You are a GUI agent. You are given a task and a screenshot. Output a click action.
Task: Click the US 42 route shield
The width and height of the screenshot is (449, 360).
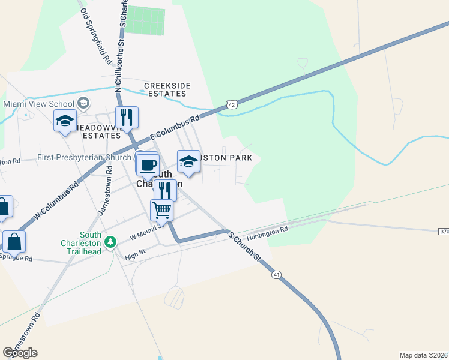pyautogui.click(x=232, y=104)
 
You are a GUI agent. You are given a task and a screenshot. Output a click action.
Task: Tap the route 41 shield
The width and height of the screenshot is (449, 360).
pyautogui.click(x=276, y=275)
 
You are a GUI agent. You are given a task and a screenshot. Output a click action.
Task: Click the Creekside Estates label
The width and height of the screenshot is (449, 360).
pyautogui.click(x=167, y=90)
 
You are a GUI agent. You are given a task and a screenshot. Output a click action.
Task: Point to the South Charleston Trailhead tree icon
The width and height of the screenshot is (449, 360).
pyautogui.click(x=110, y=242)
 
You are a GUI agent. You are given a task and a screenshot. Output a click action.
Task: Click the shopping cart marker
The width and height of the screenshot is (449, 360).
pyautogui.click(x=162, y=210)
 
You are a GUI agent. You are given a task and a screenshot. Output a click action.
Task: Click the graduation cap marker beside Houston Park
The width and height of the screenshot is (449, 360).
pyautogui.click(x=188, y=161)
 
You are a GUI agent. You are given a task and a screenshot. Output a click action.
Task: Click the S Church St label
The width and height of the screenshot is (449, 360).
pyautogui.click(x=244, y=246)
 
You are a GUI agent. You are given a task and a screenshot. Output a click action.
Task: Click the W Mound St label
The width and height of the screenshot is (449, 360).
pyautogui.click(x=146, y=232)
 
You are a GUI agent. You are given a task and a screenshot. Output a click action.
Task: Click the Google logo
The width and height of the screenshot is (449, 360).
pyautogui.click(x=20, y=353)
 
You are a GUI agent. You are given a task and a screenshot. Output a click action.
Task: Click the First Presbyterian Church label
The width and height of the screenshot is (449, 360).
pyautogui.click(x=84, y=158)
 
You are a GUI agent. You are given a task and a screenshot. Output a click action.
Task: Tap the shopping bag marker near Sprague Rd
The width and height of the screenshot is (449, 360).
pyautogui.click(x=14, y=242)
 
